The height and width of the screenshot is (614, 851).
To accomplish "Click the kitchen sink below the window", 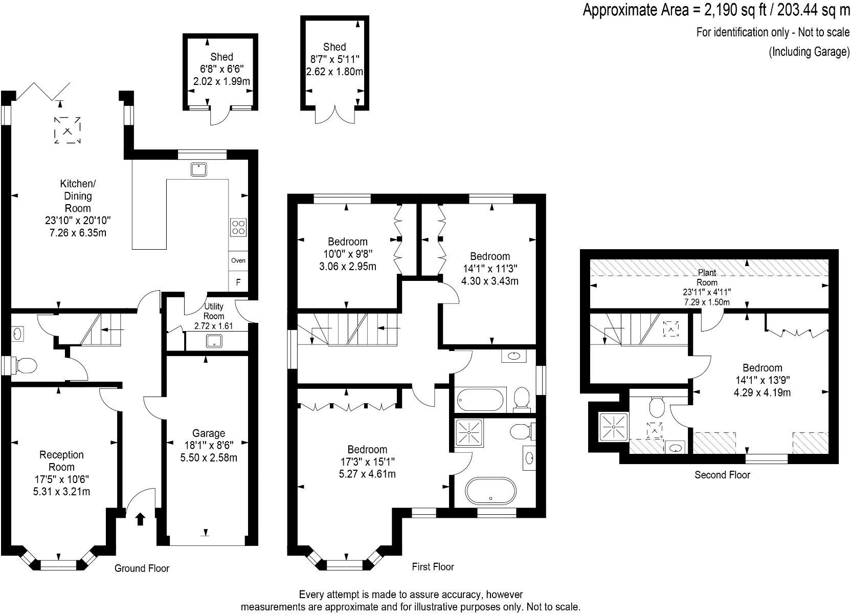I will [199, 169].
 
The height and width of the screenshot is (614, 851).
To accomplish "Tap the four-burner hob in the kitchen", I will [238, 226].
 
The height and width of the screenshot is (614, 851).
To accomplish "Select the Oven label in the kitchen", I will [238, 260].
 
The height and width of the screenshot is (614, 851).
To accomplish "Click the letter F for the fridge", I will [238, 282].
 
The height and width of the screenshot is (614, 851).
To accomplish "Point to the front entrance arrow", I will [140, 519].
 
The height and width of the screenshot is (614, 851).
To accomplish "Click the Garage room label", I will [209, 433].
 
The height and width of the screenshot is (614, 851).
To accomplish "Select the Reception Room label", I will [61, 461].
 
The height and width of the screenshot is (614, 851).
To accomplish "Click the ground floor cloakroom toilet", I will [26, 365].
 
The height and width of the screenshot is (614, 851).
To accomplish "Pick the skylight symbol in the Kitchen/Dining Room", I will [68, 130].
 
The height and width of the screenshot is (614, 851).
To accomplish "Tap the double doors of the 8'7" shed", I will [335, 115].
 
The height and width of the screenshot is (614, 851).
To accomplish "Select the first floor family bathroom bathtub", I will [480, 400].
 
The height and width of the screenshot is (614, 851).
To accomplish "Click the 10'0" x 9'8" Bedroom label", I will [347, 254].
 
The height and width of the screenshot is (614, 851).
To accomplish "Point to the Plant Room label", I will [707, 278].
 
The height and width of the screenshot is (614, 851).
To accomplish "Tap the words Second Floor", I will [722, 475].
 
